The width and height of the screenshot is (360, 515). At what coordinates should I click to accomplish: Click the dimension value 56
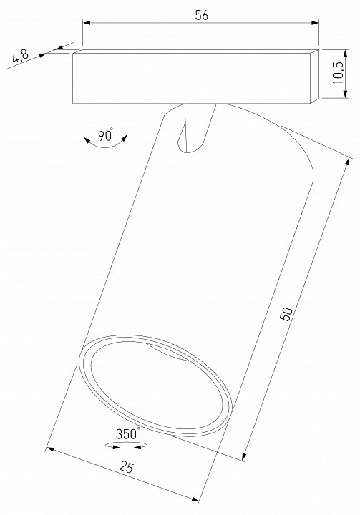click(201, 16)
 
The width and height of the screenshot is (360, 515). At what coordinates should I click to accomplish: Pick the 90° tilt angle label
click(106, 135)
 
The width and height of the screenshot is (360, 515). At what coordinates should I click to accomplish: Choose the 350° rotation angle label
click(126, 433)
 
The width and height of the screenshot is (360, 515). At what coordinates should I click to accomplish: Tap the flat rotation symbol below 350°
click(126, 445)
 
